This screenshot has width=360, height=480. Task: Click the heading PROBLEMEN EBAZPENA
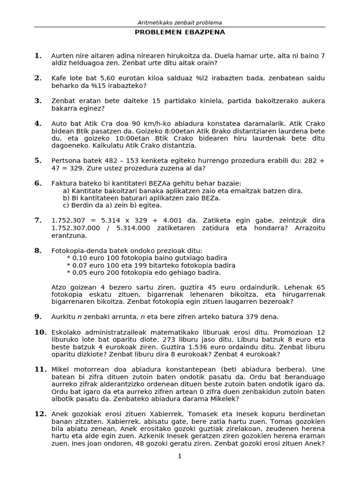click(180, 32)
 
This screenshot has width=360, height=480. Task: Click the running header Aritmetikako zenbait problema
click(180, 22)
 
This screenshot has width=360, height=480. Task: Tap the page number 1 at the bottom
click(180, 457)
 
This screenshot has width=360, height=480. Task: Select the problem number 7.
click(38, 220)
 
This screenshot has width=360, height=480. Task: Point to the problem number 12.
click(40, 414)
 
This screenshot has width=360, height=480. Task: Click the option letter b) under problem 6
click(66, 198)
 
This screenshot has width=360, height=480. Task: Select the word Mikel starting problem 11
click(60, 369)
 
